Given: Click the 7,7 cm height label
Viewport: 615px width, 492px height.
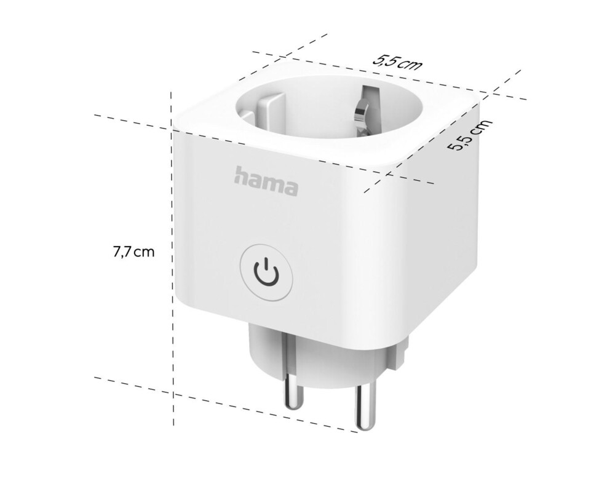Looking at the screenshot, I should click(x=133, y=252).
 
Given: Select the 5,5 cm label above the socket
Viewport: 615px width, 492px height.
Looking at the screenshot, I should click(x=397, y=62).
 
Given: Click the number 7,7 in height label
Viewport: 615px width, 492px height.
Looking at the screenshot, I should click(x=122, y=252).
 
